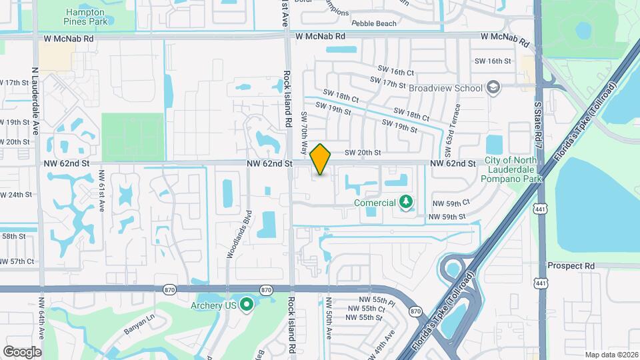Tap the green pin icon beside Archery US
tap(247, 305)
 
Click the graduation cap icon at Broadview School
tap(493, 87)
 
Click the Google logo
tap(22, 351)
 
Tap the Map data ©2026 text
tap(611, 354)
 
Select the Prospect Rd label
tap(570, 265)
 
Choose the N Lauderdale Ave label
tap(35, 100)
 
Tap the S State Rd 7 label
tap(537, 133)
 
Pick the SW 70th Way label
tap(305, 131)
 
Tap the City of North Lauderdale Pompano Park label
tap(514, 170)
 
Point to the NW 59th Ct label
tap(451, 202)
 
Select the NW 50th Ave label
tap(329, 317)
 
